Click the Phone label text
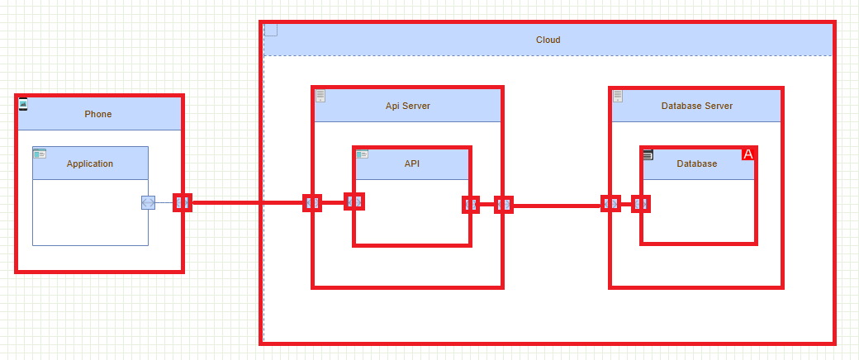coord(97,114)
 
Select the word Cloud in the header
coord(548,40)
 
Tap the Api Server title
coord(407,106)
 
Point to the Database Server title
coord(696,106)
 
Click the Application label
coord(90,163)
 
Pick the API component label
coord(412,163)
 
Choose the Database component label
coord(696,163)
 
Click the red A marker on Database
coord(748,154)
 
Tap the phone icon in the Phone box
coord(23,104)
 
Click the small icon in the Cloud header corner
coord(271,31)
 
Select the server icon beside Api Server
coord(320,96)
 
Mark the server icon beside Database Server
coord(618,96)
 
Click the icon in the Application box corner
coord(40,154)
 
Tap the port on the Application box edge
coord(148,202)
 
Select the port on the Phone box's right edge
coord(183,202)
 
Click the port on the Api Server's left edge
coord(312,202)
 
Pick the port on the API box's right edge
coord(471,204)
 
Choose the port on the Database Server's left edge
coord(610,203)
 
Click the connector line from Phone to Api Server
coord(248,202)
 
